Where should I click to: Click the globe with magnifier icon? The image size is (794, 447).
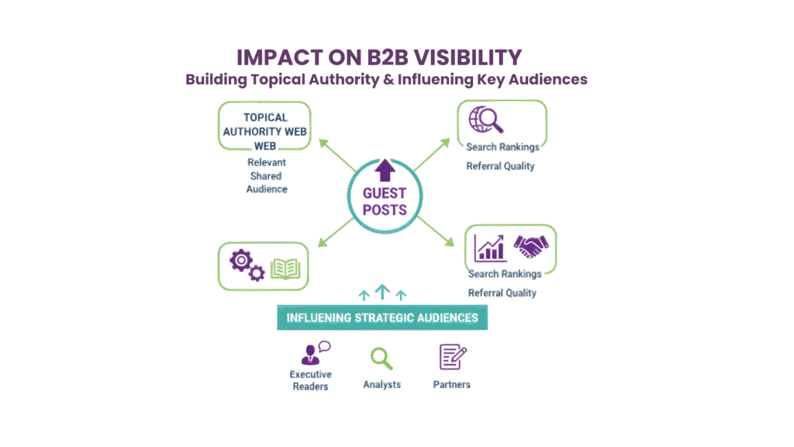coord(486,120)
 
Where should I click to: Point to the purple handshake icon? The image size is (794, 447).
coord(532,247)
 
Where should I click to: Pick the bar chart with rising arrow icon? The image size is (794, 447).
coord(490,248)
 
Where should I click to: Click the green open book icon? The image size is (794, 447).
coord(285,269)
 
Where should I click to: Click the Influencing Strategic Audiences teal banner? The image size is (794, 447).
coord(382,317)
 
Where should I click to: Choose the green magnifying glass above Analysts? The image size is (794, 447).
coord(381,358)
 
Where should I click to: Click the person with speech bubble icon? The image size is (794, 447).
coord(314,354)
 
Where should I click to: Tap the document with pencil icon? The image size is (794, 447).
coord(452,357)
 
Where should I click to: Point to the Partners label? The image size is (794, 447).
coord(452,384)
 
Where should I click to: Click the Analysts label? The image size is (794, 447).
coord(381,384)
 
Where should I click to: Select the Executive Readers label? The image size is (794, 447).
coord(310,379)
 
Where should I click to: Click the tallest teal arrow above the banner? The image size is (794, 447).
coord(381,292)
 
